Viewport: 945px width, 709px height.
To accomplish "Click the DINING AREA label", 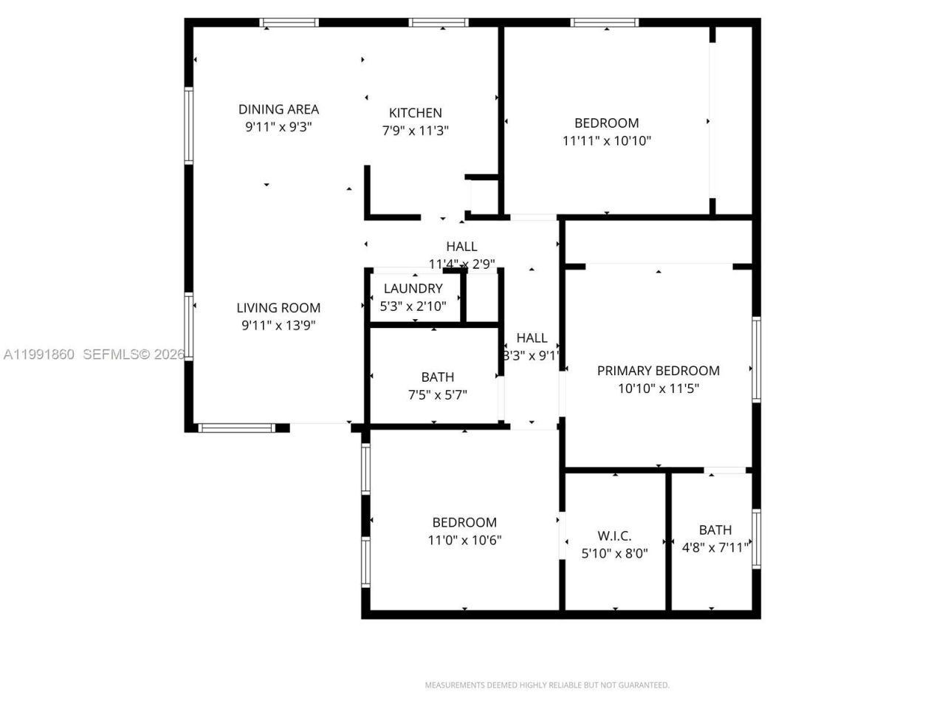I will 278,109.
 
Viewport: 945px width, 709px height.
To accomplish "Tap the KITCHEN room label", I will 415,113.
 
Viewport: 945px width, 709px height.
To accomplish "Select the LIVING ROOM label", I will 278,308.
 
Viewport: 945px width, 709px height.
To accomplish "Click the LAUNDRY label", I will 413,289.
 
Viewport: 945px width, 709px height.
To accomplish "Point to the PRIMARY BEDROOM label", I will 658,371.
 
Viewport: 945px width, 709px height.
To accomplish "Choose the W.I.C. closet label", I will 614,536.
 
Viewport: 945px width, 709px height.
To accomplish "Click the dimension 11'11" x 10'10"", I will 606,141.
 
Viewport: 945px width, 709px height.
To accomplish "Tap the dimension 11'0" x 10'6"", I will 464,540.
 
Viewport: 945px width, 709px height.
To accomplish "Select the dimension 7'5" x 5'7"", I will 437,395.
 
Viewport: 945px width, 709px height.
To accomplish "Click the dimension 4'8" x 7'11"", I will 715,548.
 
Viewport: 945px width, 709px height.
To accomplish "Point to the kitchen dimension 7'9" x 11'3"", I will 415,131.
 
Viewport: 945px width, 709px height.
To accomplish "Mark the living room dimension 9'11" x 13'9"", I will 278,326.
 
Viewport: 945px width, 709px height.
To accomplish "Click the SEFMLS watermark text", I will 134,354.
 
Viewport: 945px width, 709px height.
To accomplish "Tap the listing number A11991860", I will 38,354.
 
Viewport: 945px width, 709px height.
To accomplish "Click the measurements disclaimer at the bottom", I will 546,685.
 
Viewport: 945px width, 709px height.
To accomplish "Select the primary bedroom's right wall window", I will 756,360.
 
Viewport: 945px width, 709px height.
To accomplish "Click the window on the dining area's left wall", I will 189,126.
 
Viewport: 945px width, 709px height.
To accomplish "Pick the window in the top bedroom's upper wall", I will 605,23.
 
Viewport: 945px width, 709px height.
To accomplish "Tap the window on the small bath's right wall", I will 756,538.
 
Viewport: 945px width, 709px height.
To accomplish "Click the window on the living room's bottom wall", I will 236,428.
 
